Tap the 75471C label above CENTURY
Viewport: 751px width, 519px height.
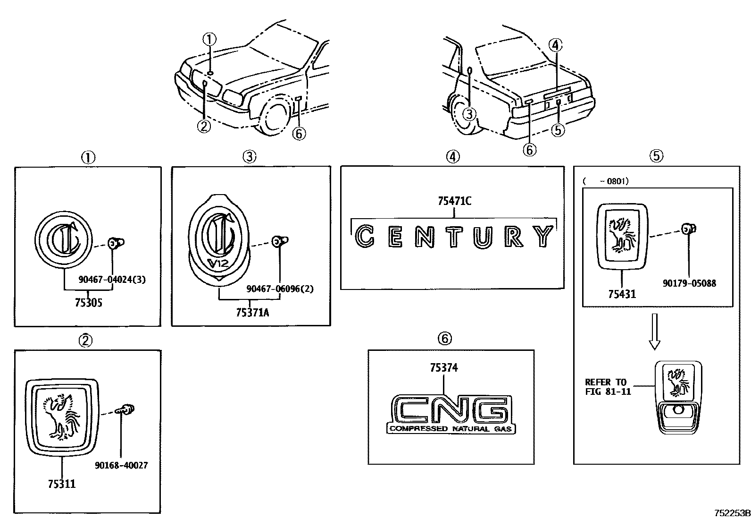tap(454, 201)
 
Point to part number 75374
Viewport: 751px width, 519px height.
tap(443, 368)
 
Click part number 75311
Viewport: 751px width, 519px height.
tap(61, 484)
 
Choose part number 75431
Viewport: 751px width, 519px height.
tap(622, 294)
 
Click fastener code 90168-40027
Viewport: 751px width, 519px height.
tap(121, 465)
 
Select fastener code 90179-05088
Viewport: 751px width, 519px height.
tap(689, 283)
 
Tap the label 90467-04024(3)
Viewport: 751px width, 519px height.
tap(112, 279)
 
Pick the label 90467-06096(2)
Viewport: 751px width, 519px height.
tap(280, 289)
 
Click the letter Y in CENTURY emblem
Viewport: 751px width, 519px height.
tap(545, 236)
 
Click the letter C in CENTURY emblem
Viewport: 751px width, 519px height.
tap(364, 236)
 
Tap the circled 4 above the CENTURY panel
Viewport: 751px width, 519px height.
tap(452, 157)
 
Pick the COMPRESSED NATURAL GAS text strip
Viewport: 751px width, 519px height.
tap(451, 429)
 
